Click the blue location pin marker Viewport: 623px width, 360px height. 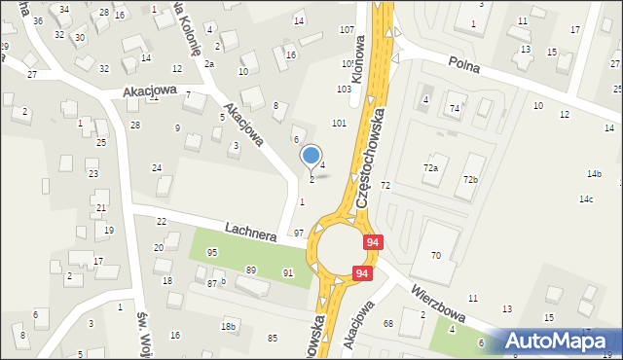tap(311, 155)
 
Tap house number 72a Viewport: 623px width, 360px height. tap(430, 168)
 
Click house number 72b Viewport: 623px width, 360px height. tap(471, 180)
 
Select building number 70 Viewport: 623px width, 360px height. tap(436, 255)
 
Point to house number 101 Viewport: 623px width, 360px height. tap(339, 124)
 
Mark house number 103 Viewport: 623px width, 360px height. tap(344, 89)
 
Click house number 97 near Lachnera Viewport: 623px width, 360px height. tap(299, 234)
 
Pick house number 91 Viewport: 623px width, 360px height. tap(288, 273)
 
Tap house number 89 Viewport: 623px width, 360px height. tap(251, 270)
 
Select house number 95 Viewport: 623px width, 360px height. tap(212, 252)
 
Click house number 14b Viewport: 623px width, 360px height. tap(594, 174)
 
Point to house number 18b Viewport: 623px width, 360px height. tap(229, 325)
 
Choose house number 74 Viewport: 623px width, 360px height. tap(454, 108)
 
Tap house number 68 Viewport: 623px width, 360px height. tap(387, 323)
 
